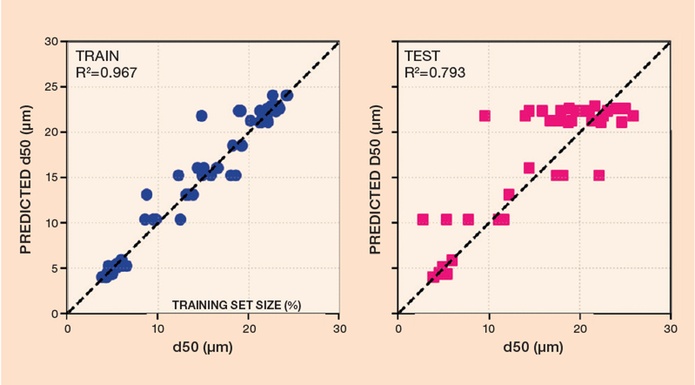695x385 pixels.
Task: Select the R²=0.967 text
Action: pos(106,72)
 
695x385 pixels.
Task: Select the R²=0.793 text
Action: pos(435,72)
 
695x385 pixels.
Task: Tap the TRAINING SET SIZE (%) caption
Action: pos(237,305)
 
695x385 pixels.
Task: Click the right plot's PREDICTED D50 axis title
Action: pos(376,177)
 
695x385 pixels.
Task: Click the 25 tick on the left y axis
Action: pos(52,87)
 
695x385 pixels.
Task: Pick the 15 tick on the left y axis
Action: pos(52,178)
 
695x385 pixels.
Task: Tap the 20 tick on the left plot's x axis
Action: pos(248,328)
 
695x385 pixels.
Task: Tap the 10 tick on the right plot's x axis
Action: pos(489,328)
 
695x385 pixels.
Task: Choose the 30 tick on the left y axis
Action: pos(52,41)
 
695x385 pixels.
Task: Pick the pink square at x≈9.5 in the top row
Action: pos(485,116)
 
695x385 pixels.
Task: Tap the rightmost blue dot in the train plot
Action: pos(287,95)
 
